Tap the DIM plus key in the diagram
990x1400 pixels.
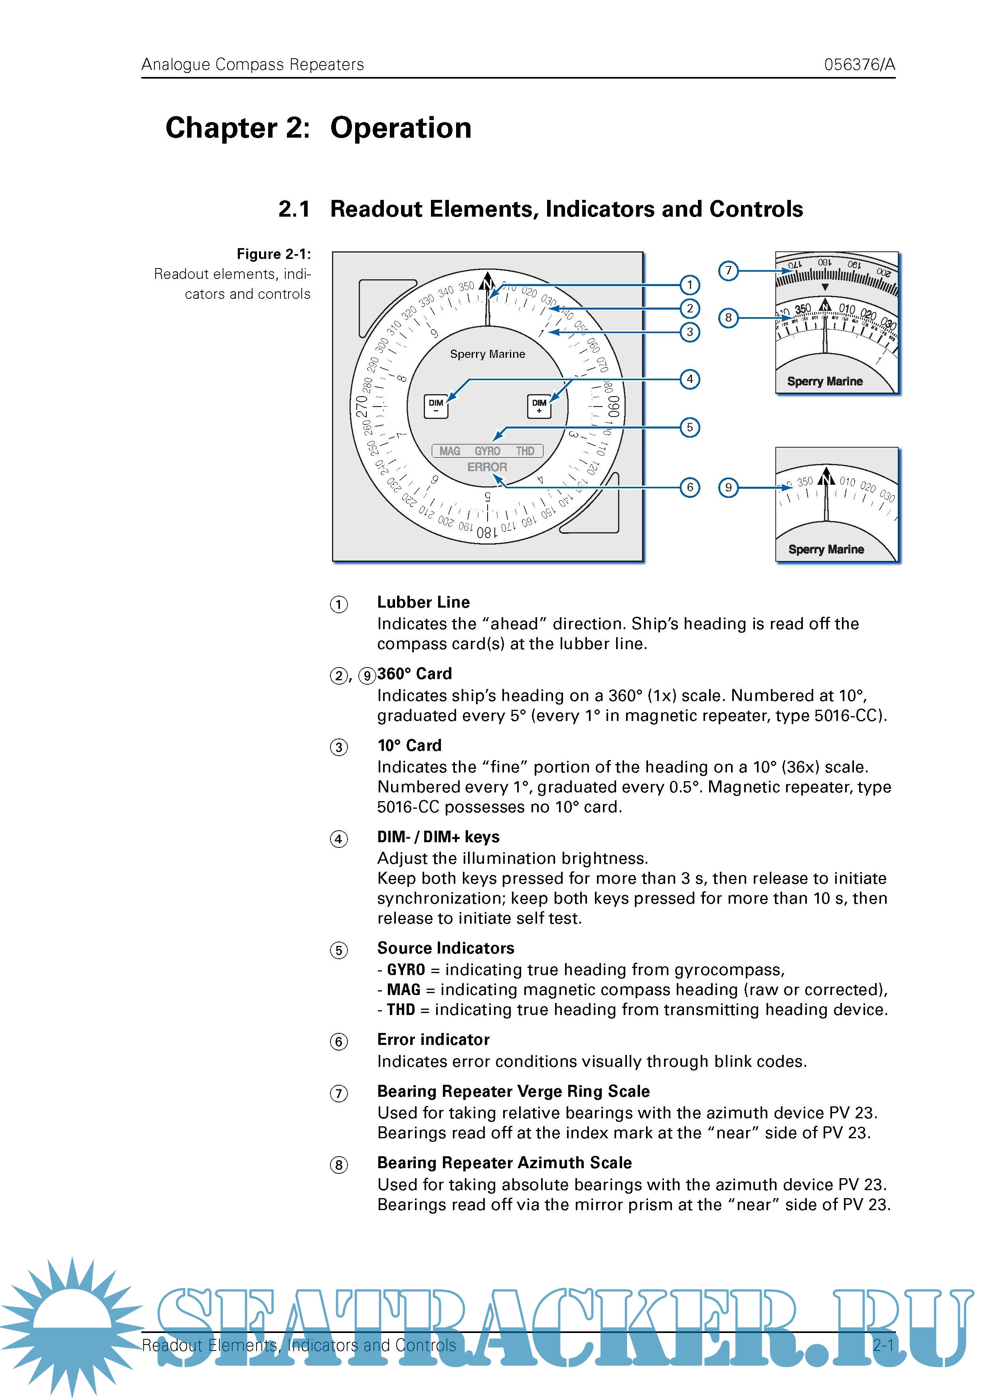[539, 406]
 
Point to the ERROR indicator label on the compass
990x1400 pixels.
[487, 467]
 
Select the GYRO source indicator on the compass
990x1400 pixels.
[487, 451]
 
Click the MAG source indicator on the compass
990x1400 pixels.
[450, 451]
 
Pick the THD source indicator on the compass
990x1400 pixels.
[525, 451]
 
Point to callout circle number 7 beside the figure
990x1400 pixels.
[728, 271]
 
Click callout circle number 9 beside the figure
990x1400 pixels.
[728, 487]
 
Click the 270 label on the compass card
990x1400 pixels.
[362, 407]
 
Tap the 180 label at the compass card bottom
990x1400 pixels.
[486, 532]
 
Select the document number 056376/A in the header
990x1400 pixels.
[859, 65]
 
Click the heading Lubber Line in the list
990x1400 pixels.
[423, 602]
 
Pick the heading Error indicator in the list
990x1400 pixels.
[433, 1040]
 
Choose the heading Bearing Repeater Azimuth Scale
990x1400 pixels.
[504, 1163]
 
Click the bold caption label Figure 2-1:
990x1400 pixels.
[273, 254]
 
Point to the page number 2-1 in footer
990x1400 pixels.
[883, 1345]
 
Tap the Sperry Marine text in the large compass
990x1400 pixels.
[487, 354]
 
